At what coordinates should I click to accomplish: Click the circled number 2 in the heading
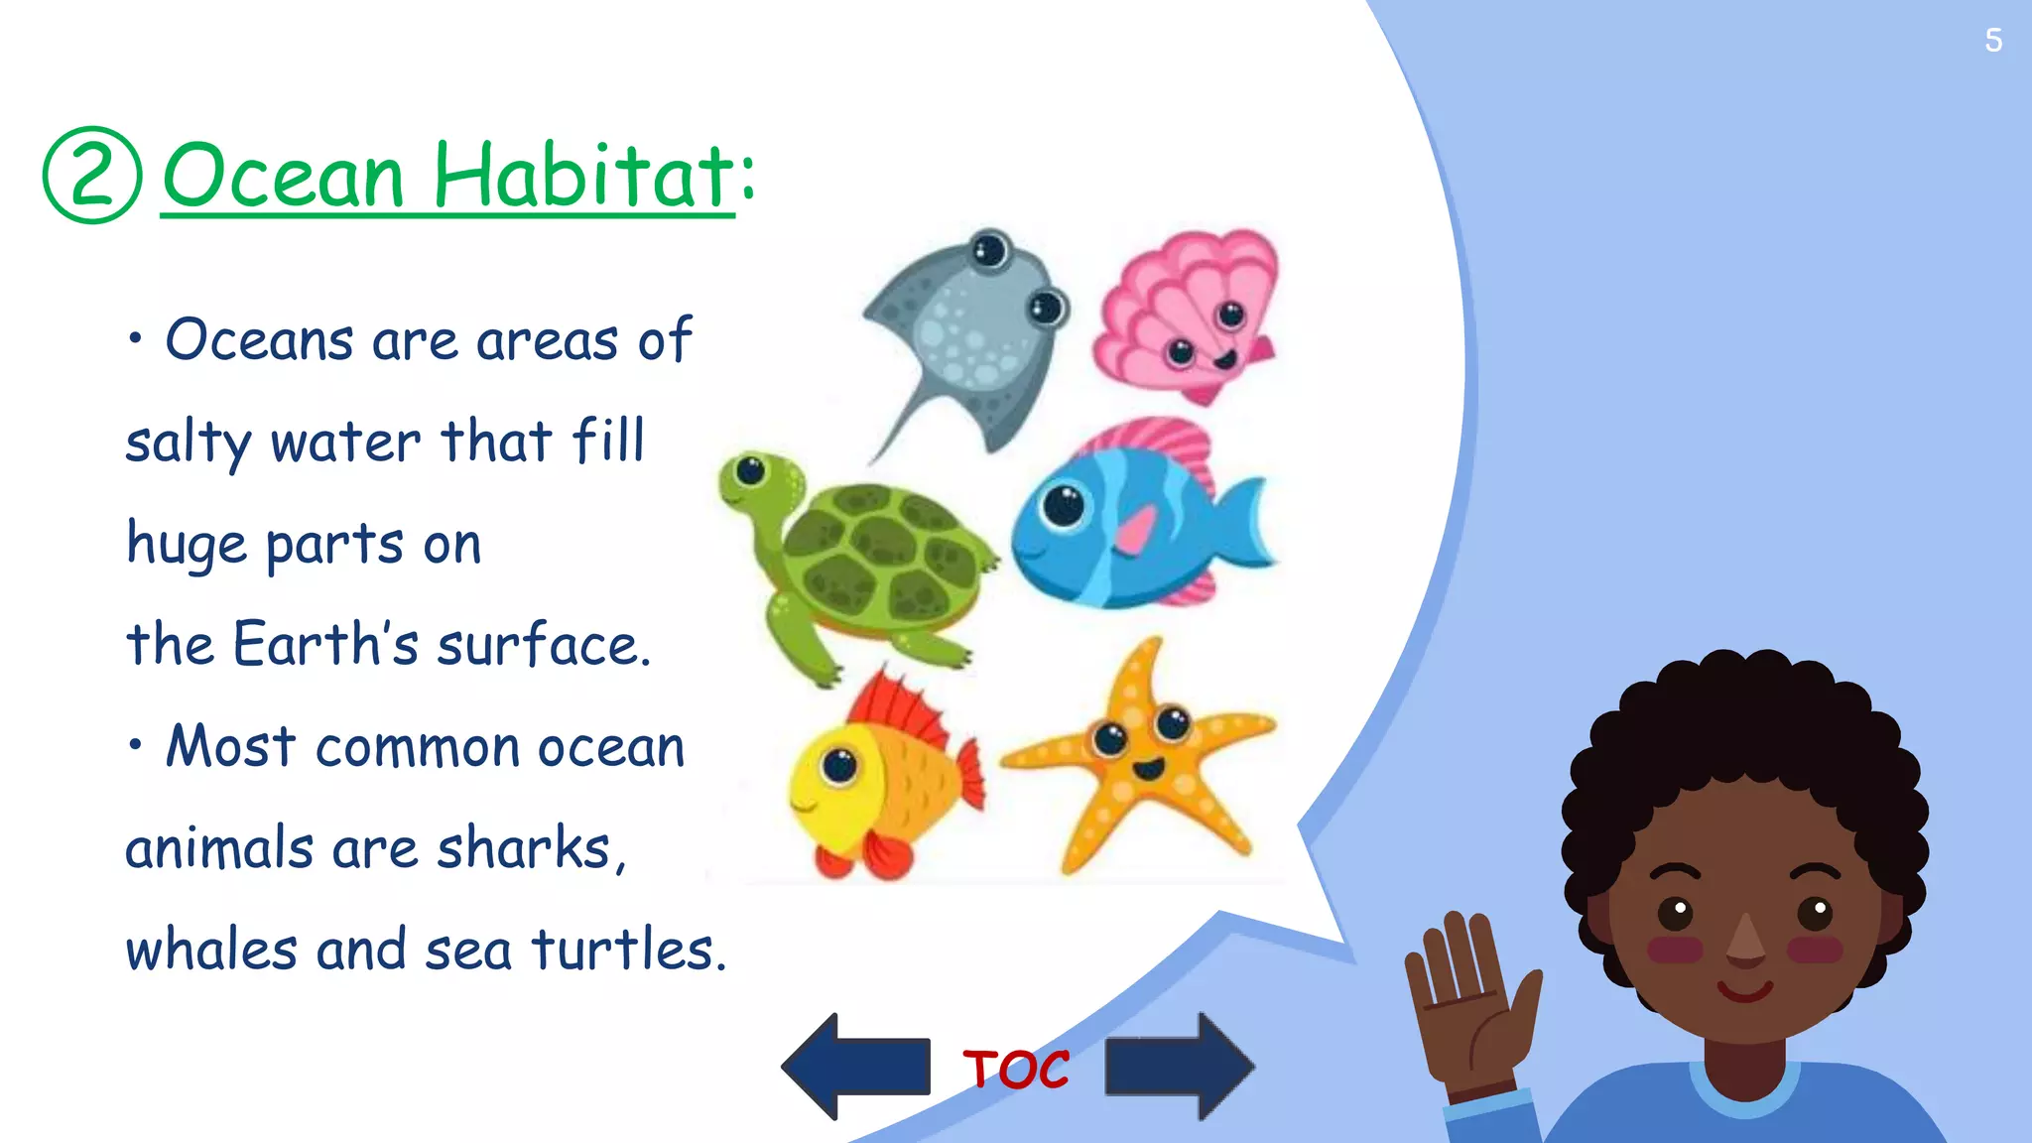tap(92, 176)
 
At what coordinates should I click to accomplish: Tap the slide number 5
tap(1993, 41)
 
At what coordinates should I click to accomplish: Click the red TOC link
tap(1016, 1070)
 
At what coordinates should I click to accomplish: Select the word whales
tap(210, 950)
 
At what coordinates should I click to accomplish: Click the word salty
tap(189, 444)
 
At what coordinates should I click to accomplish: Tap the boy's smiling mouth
tap(1746, 990)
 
